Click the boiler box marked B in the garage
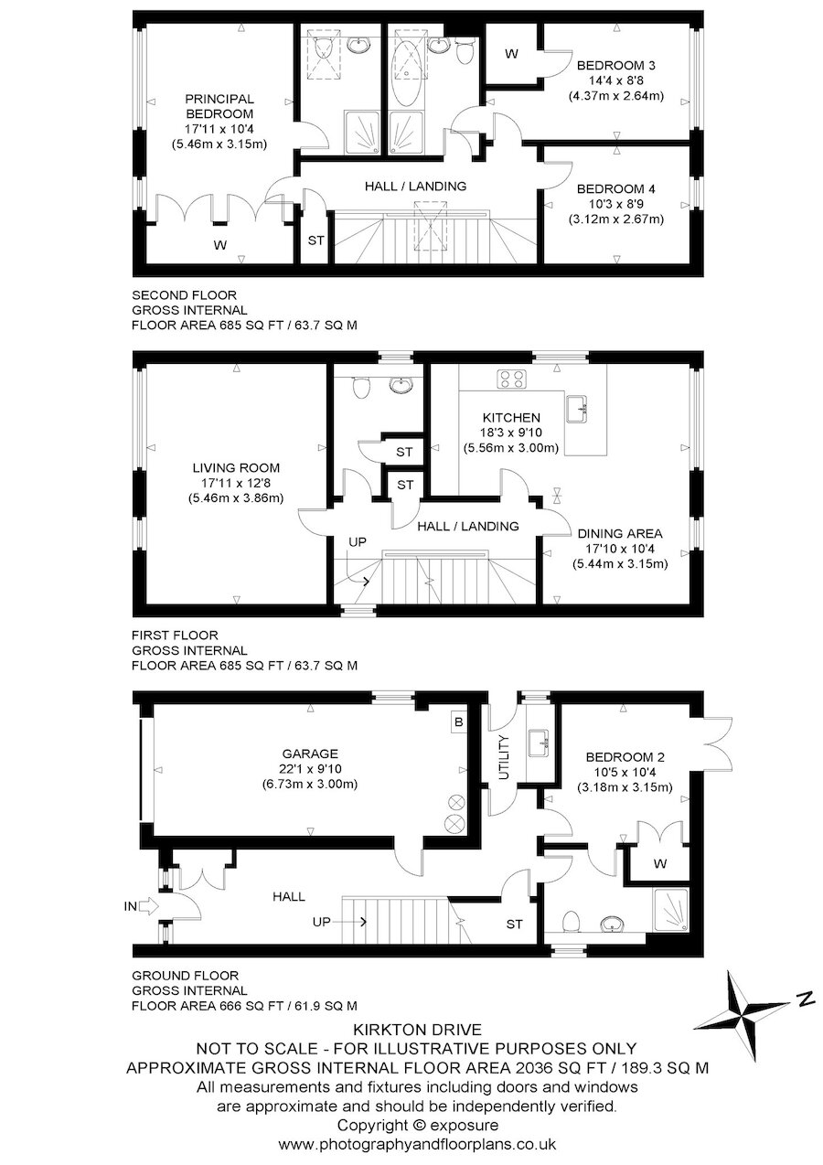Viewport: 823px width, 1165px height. [x=458, y=722]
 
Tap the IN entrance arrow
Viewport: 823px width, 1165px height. [x=149, y=906]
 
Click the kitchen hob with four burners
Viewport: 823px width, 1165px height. [x=512, y=379]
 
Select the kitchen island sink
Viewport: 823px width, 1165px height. [x=577, y=408]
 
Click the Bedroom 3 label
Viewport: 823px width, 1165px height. [x=616, y=66]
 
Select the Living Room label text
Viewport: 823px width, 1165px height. [x=236, y=467]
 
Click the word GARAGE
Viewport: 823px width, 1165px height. [x=310, y=754]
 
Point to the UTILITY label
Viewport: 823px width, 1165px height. [x=504, y=757]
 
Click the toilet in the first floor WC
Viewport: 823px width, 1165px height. [x=360, y=386]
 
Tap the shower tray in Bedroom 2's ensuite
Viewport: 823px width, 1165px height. [x=671, y=910]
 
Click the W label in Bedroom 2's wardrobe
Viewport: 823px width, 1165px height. [x=659, y=864]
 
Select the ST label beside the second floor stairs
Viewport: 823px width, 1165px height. [x=315, y=240]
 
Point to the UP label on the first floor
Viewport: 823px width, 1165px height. [x=358, y=542]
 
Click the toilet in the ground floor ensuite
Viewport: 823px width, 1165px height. [x=572, y=921]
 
